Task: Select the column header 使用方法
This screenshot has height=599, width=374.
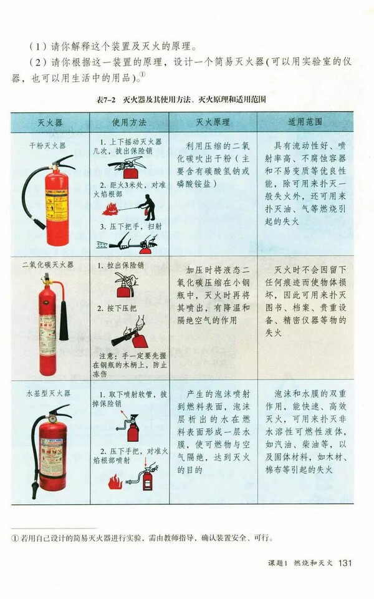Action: (x=129, y=122)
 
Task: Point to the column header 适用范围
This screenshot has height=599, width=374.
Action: (x=305, y=122)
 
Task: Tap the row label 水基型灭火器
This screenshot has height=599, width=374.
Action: (x=49, y=394)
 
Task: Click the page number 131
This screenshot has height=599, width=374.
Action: (x=345, y=563)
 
